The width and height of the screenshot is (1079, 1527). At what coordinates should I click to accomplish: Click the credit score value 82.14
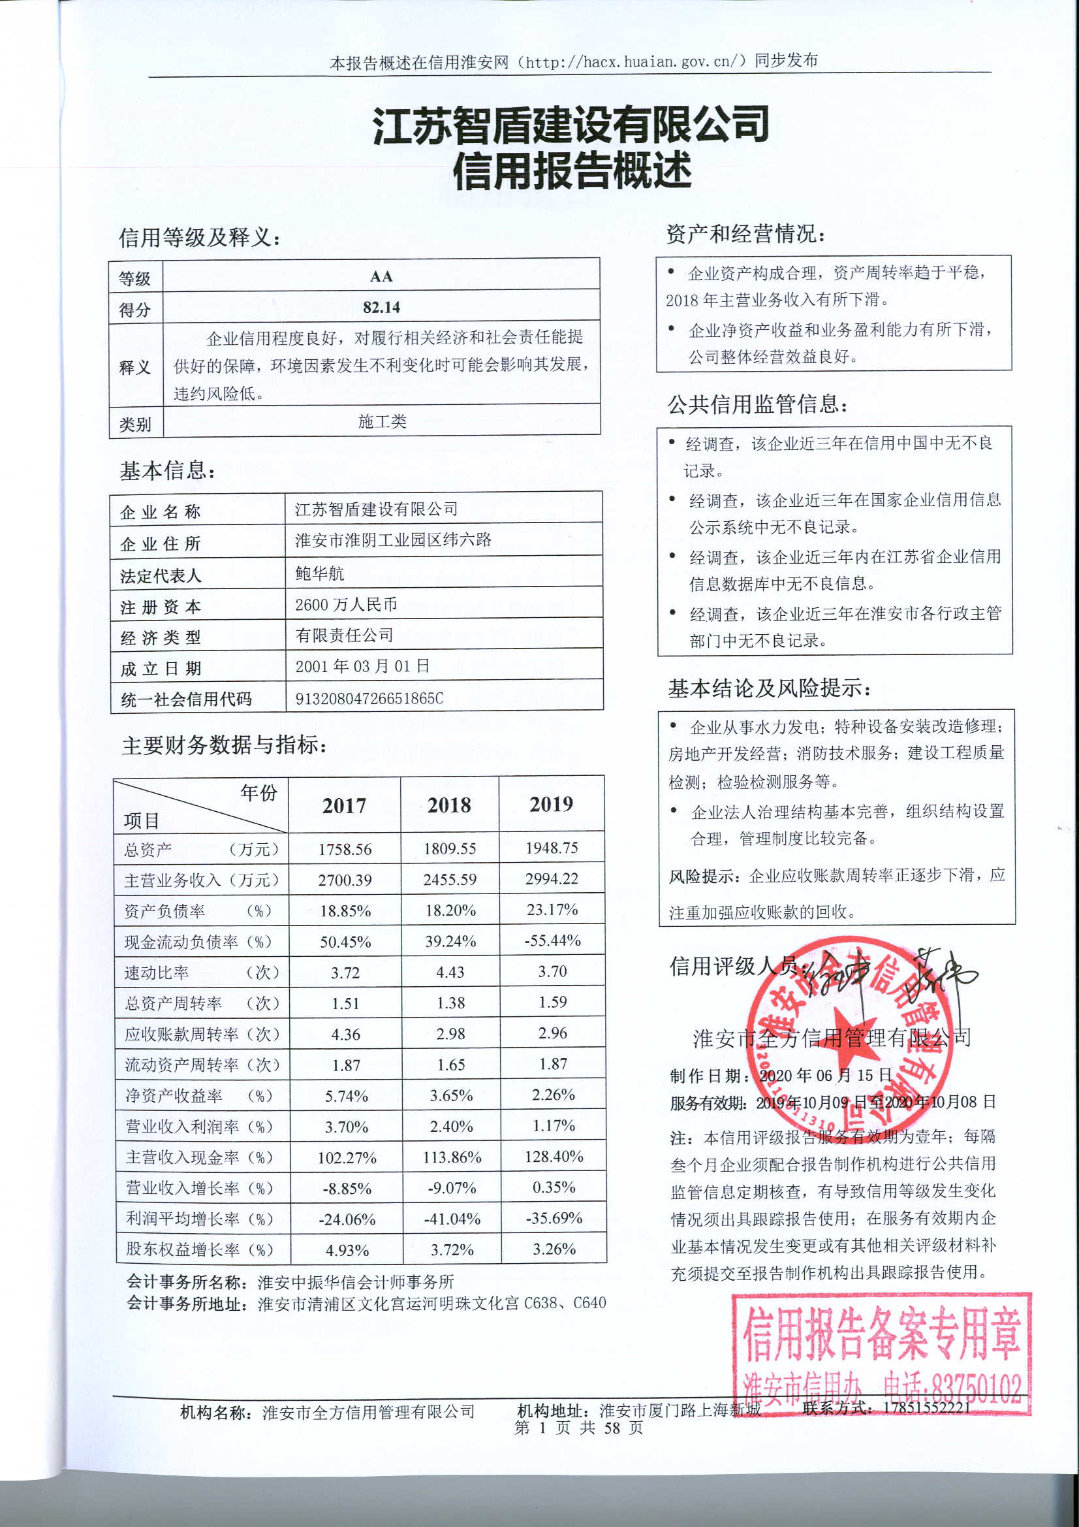[x=381, y=307]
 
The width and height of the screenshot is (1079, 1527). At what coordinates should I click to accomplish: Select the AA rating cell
[x=381, y=276]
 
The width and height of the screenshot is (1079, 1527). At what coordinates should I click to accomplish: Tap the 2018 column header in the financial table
[x=449, y=805]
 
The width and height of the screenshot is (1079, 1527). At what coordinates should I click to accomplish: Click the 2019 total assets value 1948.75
[x=552, y=848]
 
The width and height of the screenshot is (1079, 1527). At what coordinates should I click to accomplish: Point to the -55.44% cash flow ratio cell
[x=552, y=940]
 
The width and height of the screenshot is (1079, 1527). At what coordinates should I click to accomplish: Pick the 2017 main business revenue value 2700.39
[x=345, y=880]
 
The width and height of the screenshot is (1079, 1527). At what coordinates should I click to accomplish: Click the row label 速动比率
[x=157, y=972]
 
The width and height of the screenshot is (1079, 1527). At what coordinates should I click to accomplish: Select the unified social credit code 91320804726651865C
[x=369, y=698]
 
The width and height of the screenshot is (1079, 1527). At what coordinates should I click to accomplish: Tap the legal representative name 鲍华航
[x=320, y=573]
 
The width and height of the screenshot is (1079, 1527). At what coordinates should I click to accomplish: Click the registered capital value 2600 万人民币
[x=346, y=605]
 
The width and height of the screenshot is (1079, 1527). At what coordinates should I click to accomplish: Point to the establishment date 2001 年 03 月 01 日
[x=362, y=666]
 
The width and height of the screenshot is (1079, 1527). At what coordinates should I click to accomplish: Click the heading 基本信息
[x=168, y=471]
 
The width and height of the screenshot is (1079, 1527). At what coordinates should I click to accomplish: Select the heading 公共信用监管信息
[x=758, y=404]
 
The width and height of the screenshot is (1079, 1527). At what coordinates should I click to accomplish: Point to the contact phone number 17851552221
[x=926, y=1407]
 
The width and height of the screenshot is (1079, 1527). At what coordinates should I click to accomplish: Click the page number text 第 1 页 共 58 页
[x=578, y=1428]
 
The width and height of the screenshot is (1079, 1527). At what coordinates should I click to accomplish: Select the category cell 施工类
[x=382, y=421]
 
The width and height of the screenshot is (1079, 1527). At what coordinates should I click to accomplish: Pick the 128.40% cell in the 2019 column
[x=553, y=1157]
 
